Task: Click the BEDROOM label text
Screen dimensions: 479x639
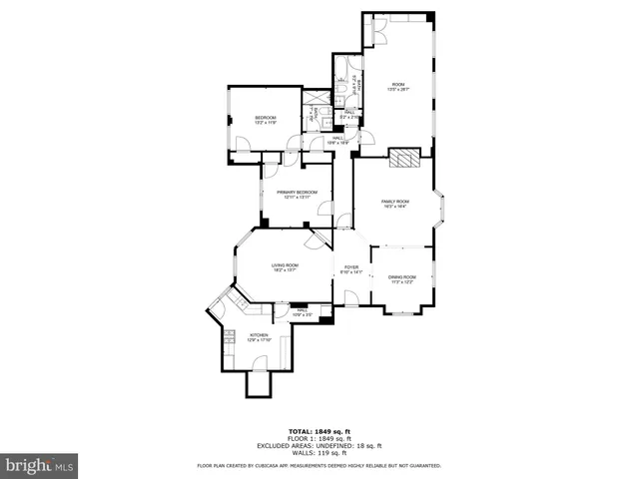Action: click(x=265, y=117)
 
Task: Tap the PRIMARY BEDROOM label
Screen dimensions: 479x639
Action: click(x=298, y=192)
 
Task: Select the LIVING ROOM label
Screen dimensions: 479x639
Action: click(x=286, y=264)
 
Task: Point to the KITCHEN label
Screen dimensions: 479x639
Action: click(x=259, y=335)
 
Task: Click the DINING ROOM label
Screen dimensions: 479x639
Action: click(x=401, y=278)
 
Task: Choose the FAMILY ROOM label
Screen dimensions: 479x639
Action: click(x=395, y=202)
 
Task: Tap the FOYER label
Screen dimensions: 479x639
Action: click(x=351, y=267)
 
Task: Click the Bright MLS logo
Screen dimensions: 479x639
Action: click(x=40, y=466)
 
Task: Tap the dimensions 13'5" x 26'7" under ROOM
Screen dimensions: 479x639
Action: click(x=398, y=90)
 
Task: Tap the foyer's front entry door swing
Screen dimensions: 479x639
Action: click(x=350, y=296)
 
